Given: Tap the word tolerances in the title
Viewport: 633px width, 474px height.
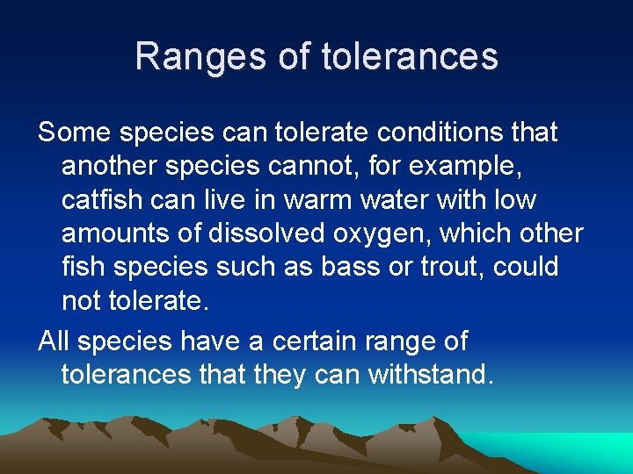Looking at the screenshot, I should pos(411,57).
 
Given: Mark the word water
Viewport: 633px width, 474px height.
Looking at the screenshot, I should pos(391,199).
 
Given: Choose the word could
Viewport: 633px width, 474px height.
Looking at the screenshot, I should pos(526,266).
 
